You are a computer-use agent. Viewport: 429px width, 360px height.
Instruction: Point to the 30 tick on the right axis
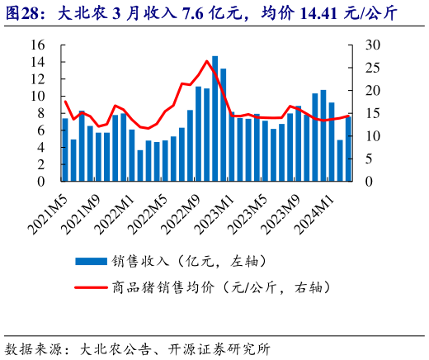tap(373, 45)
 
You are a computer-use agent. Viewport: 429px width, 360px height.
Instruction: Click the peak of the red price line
tap(206, 61)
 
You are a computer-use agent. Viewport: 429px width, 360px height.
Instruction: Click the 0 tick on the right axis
tap(368, 181)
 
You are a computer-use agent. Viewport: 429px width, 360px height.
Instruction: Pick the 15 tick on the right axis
tap(373, 113)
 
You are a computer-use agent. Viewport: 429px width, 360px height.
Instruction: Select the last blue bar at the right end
tap(348, 149)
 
